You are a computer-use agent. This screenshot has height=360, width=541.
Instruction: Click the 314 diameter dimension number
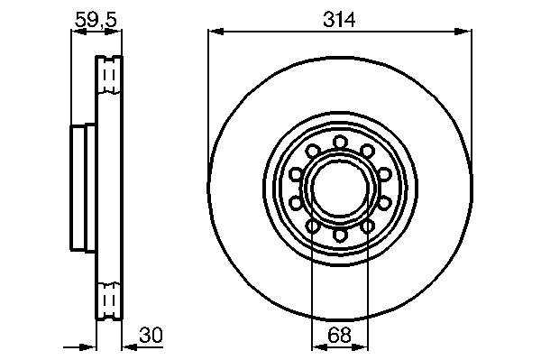(x=339, y=19)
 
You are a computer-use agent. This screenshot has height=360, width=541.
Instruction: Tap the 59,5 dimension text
(x=96, y=20)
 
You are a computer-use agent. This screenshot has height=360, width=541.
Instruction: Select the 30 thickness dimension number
(x=151, y=335)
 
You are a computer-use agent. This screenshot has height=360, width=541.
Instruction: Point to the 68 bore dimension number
(x=340, y=335)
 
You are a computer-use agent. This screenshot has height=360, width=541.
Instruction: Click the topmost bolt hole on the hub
(x=340, y=143)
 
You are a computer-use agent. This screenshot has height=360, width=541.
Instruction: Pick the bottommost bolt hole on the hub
(x=340, y=235)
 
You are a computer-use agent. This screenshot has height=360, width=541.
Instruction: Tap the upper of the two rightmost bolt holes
(x=384, y=174)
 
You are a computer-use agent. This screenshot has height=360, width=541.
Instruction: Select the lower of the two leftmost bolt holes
(x=296, y=203)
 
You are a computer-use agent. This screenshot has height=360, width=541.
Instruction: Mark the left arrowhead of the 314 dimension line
(x=216, y=32)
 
